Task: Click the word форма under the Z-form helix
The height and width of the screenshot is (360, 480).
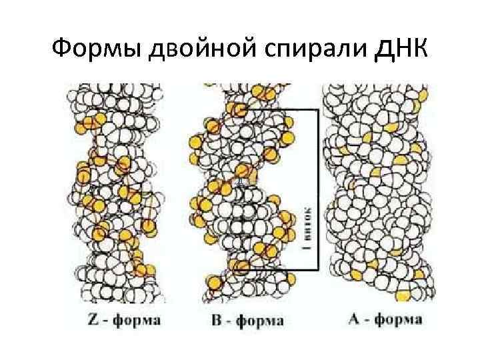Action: click(x=137, y=321)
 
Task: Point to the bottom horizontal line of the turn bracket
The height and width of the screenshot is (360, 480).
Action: click(x=280, y=270)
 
